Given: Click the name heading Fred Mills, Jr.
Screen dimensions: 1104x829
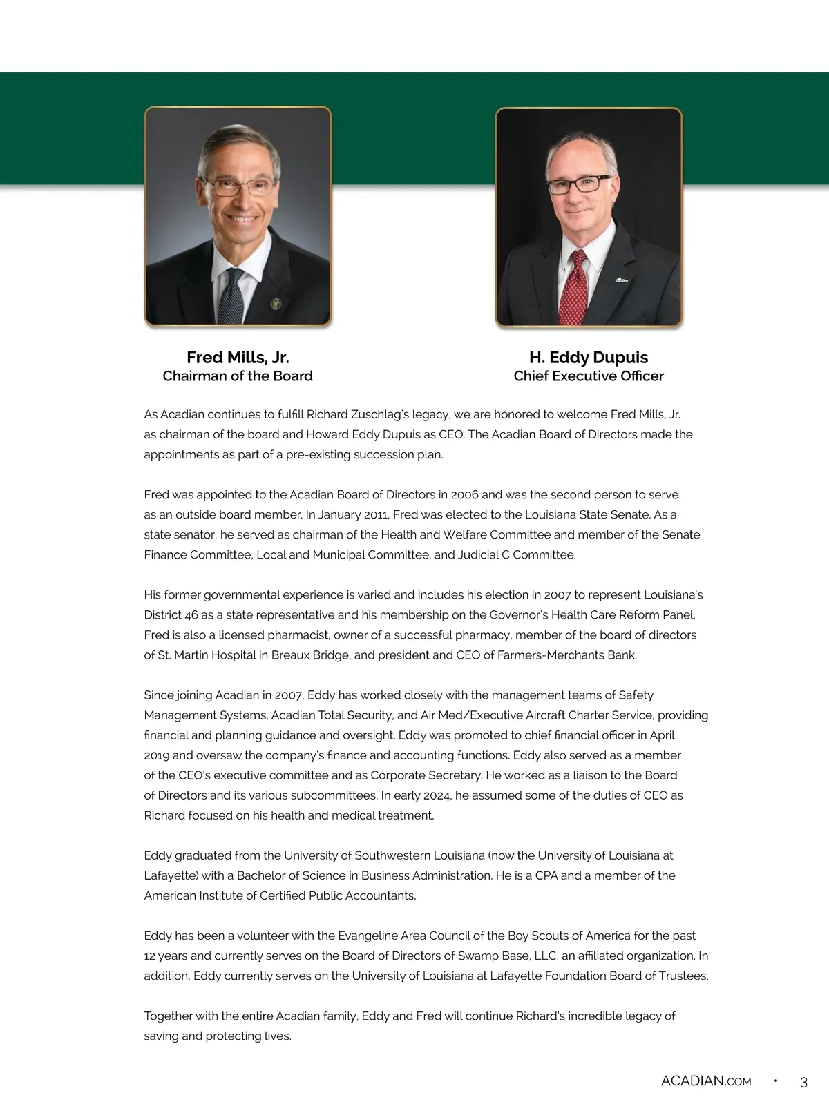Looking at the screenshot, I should (238, 357).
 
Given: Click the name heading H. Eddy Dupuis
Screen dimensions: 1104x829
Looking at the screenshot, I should (589, 357).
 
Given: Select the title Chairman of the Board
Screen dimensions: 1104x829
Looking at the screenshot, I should (238, 376).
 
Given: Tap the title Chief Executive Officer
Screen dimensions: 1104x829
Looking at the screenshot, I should (589, 376).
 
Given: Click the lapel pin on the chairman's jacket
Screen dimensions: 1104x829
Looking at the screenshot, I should (276, 303).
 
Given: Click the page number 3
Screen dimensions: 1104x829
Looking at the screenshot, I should (803, 1082).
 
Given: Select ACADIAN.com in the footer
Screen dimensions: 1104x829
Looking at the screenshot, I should (706, 1081).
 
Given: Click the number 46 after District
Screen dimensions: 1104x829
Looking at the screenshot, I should (191, 614).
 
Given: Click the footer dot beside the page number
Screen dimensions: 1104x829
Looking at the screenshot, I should (775, 1081).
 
